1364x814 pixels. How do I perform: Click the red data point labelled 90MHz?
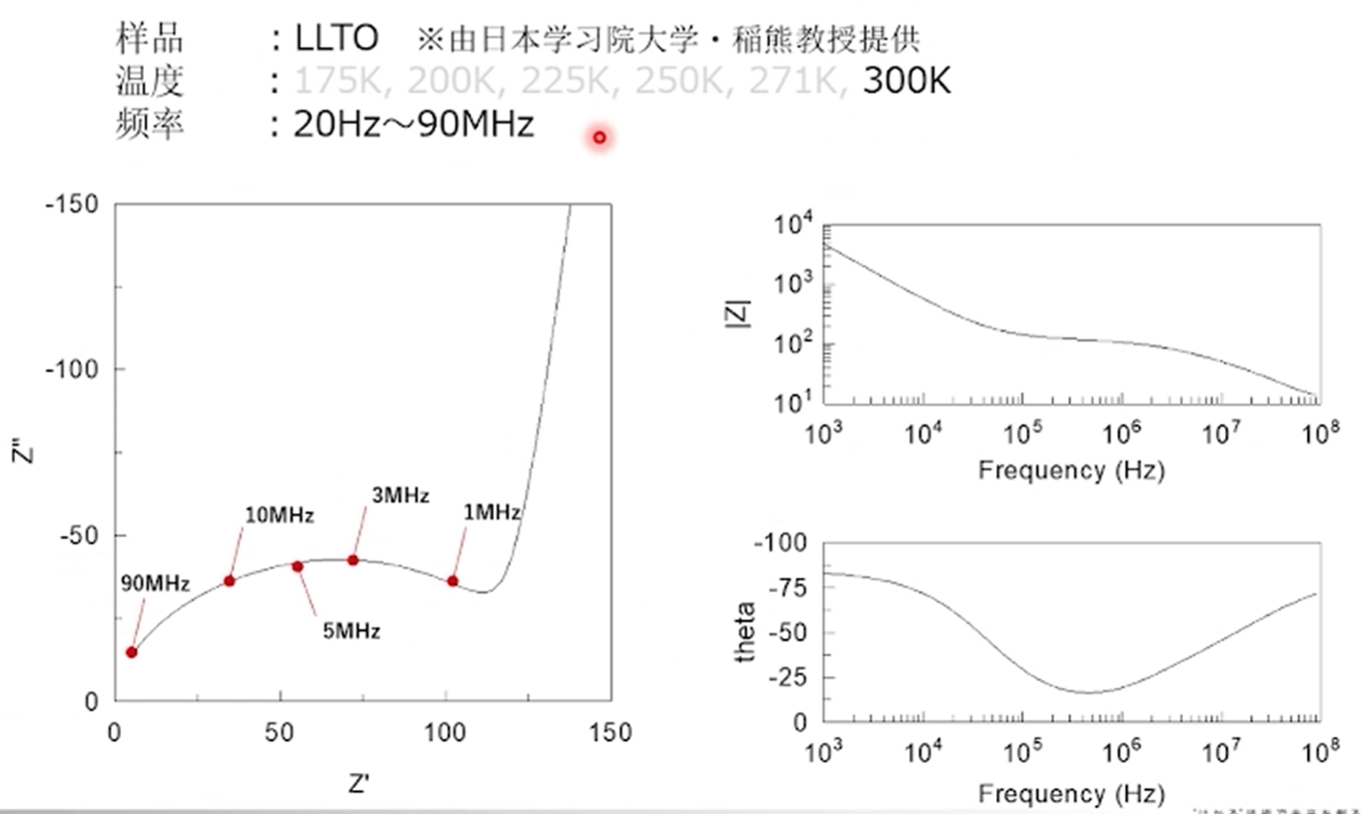[x=131, y=652]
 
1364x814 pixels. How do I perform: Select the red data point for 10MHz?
[x=229, y=580]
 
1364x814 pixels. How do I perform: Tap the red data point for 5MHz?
[x=297, y=566]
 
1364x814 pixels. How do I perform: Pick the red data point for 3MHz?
[x=353, y=560]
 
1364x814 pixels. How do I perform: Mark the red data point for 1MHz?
[x=453, y=581]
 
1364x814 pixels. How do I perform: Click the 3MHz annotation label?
[x=400, y=495]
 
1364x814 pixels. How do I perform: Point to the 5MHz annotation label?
[x=351, y=630]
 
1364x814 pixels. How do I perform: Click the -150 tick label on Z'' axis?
[x=72, y=204]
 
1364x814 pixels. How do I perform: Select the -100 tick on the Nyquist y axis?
[x=72, y=369]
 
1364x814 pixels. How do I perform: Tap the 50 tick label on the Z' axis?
[x=279, y=733]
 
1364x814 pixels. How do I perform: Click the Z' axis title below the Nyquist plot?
[x=358, y=784]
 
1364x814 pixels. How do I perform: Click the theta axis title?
[x=745, y=631]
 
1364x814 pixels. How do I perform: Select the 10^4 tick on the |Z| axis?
[x=793, y=225]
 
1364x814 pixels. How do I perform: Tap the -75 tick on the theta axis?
[x=786, y=588]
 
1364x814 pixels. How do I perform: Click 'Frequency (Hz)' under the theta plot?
[x=1071, y=792]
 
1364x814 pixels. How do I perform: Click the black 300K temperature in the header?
[x=906, y=81]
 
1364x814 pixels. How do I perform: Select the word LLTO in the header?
[x=337, y=39]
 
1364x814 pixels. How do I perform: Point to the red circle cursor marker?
[x=599, y=138]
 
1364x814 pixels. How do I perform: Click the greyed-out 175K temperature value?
[x=338, y=81]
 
